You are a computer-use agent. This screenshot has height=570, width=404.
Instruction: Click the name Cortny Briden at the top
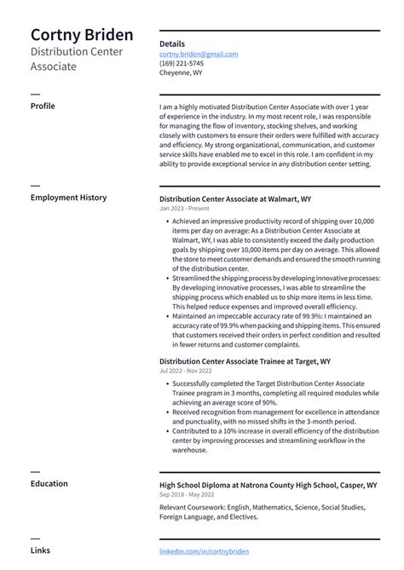point(82,35)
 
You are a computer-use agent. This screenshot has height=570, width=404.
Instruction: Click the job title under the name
point(77,59)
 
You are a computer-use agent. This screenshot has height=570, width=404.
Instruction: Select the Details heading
point(171,43)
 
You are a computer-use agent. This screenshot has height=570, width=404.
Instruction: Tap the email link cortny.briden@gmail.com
point(199,54)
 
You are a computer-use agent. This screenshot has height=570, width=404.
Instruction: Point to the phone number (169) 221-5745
point(182,63)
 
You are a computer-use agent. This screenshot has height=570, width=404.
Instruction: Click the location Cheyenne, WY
point(181,72)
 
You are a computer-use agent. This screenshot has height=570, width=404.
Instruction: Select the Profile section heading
point(43,106)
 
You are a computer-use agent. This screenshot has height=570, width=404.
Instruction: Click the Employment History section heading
point(68,198)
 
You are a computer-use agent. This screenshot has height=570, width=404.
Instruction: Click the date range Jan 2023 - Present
point(183,208)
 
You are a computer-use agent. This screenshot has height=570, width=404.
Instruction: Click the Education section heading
point(49,484)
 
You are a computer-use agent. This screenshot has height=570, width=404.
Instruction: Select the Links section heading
point(40,550)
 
